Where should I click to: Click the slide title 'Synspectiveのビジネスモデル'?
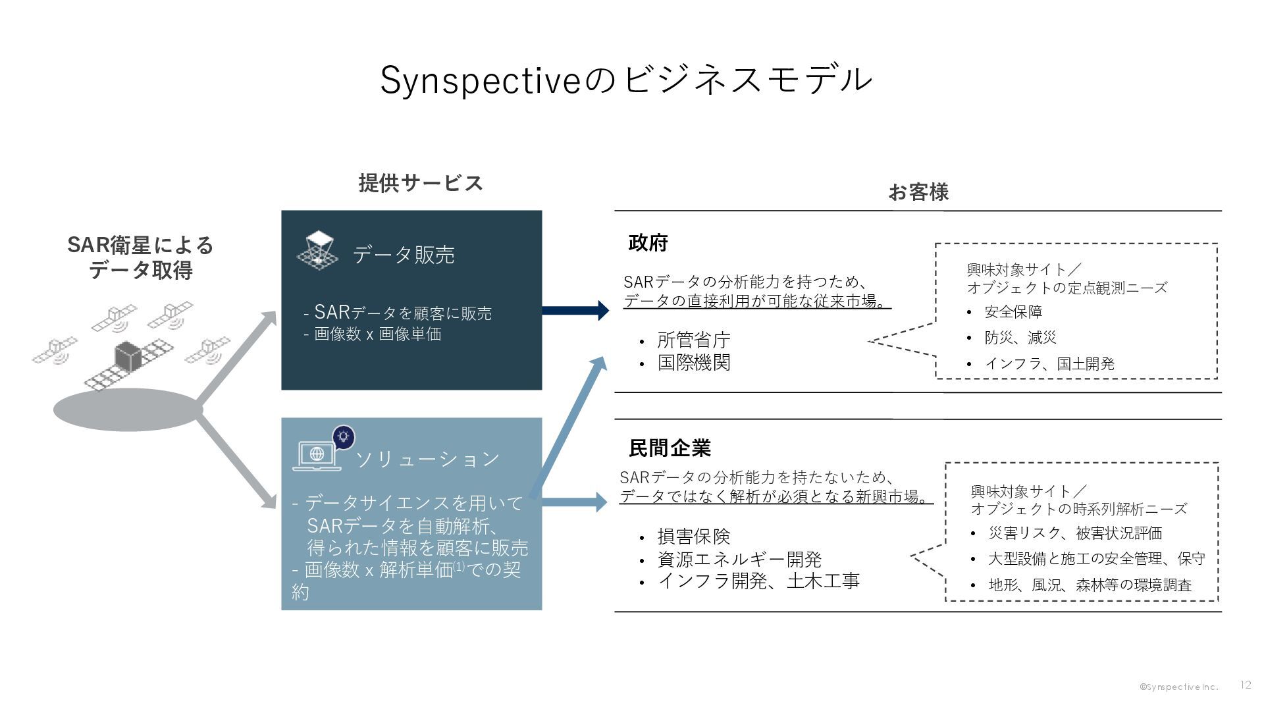(x=626, y=80)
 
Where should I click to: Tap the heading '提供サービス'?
(x=421, y=183)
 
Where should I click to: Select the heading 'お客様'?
(x=918, y=192)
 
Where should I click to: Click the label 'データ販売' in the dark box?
(x=404, y=255)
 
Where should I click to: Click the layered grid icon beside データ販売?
(x=317, y=250)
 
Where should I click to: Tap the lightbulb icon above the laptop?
(x=343, y=436)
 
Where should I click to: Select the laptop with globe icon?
(x=317, y=455)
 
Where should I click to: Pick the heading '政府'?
(x=648, y=243)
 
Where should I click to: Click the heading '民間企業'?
(x=670, y=448)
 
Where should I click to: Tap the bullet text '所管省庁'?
(x=694, y=340)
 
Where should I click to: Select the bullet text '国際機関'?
(x=694, y=363)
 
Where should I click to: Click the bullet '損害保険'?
(x=694, y=537)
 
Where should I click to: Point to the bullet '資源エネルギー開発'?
(x=739, y=560)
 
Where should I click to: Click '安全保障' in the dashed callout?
(x=1013, y=312)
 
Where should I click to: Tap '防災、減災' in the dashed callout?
(x=1020, y=338)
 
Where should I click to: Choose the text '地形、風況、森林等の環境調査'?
(x=1090, y=585)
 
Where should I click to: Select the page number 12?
(x=1245, y=685)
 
